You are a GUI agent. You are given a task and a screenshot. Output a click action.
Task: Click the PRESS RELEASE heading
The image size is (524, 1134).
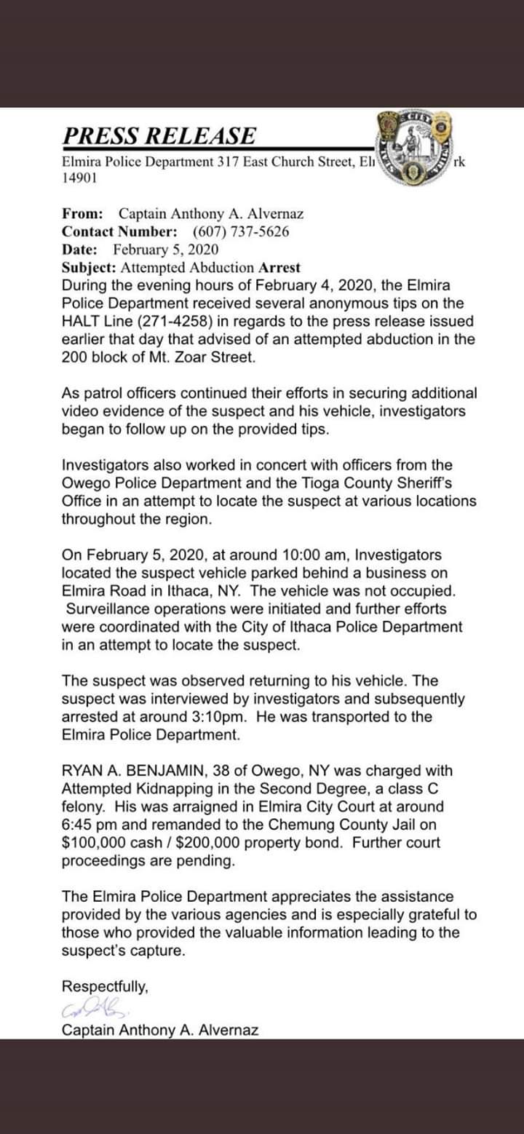click(159, 136)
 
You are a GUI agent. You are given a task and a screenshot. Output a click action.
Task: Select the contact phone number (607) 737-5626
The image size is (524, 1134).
click(241, 231)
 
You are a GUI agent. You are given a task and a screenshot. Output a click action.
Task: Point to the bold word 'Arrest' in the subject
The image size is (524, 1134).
click(279, 267)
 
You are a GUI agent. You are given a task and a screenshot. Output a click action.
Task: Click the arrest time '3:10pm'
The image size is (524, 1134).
click(238, 717)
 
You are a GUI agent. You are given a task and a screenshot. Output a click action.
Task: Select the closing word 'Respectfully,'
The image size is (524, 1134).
click(106, 987)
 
